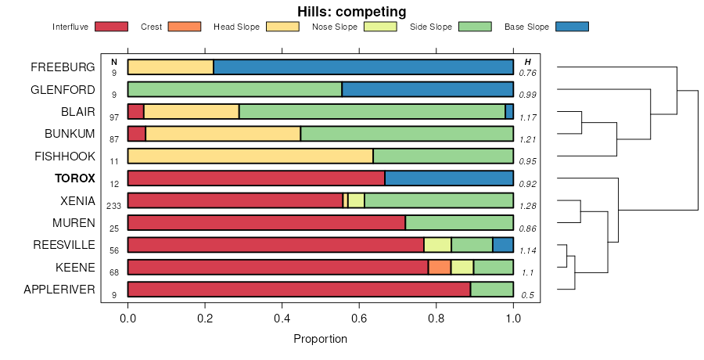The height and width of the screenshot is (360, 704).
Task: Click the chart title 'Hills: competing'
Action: [x=351, y=12]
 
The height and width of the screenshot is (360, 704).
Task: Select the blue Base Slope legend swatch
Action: [x=572, y=27]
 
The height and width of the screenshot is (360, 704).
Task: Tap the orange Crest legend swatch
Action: [x=185, y=27]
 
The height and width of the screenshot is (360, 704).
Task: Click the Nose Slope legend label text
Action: [x=334, y=27]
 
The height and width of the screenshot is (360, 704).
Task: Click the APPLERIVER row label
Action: [x=59, y=290]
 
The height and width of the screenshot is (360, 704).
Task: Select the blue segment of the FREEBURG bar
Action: [x=363, y=67]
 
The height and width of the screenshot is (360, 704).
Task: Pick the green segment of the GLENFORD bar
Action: [x=235, y=89]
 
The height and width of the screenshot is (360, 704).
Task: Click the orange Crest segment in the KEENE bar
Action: [x=440, y=267]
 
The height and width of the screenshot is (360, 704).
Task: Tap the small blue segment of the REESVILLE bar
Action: [x=503, y=245]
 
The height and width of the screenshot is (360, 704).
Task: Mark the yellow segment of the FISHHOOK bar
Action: [x=250, y=156]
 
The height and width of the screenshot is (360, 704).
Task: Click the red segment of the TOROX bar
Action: [x=256, y=178]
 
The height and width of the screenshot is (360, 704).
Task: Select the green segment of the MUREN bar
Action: [x=459, y=222]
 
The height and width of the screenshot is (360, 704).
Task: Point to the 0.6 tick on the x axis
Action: [x=359, y=319]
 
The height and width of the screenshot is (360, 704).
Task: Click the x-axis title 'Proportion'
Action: [x=320, y=339]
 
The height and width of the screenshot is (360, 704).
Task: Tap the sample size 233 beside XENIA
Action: [x=114, y=205]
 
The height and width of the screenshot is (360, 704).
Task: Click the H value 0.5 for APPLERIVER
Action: [x=528, y=295]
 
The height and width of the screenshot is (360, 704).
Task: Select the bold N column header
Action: [x=114, y=62]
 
